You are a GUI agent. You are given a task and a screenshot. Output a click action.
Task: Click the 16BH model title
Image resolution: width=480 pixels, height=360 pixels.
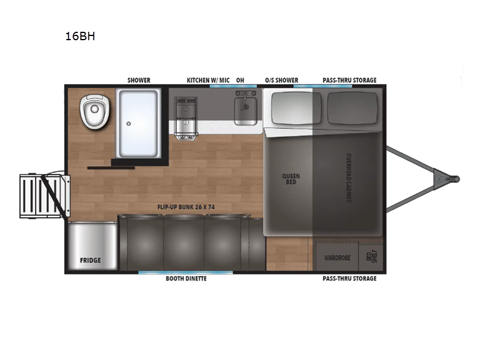coord(80,37)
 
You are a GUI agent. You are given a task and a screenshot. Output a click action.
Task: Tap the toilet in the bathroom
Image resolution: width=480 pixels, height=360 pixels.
coord(94,112)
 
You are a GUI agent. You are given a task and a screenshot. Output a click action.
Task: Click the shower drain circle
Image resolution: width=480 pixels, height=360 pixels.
coord(129,124)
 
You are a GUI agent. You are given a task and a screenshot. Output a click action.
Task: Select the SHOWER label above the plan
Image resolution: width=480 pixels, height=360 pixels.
coord(139,80)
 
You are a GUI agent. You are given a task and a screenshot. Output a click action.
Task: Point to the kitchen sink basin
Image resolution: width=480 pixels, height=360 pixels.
coord(245,110)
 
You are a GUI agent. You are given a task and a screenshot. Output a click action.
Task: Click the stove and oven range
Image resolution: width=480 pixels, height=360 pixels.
coord(186,118)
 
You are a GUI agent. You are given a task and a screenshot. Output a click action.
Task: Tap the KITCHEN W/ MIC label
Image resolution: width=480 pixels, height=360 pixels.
coord(208,80)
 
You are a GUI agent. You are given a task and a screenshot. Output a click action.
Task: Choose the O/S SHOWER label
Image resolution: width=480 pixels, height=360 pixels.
coord(281,80)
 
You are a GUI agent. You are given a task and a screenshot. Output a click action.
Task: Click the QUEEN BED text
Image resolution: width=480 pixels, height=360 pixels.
coord(291,179)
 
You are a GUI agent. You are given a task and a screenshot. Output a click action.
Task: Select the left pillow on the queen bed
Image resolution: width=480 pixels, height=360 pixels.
coord(296,109)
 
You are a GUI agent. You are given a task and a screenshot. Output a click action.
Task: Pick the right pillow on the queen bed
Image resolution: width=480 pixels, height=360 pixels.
coord(352,109)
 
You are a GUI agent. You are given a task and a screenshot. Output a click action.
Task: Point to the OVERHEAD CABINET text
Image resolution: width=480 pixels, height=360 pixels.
coord(349,178)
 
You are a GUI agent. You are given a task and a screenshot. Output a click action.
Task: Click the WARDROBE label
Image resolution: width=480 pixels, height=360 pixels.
coord(337,258)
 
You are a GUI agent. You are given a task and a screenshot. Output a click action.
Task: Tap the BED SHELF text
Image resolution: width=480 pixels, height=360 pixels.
coord(371,257)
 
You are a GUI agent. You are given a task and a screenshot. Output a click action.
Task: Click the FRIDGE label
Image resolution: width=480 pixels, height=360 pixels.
coord(91,260)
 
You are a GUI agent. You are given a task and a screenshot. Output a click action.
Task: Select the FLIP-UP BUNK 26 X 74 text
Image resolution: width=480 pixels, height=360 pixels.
coord(186,207)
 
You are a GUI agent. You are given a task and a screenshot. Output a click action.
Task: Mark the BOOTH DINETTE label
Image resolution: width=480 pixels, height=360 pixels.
coord(186,278)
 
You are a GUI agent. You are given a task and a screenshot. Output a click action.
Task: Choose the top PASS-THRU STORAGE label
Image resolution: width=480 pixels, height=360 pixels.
coord(350,80)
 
